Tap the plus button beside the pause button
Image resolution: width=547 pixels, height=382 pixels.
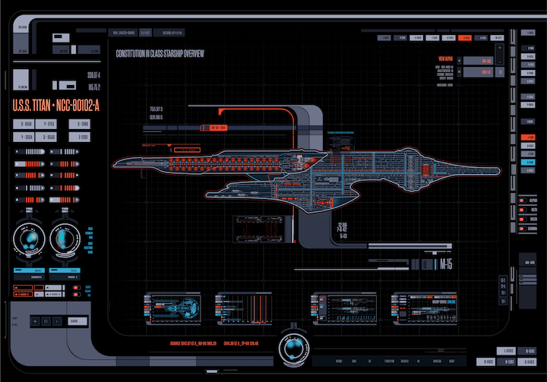coord(34,322)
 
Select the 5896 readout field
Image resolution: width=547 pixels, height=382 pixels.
coord(74,322)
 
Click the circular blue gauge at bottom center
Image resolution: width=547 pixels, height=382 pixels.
coord(292,346)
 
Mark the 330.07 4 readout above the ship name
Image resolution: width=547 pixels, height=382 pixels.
coord(93,74)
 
